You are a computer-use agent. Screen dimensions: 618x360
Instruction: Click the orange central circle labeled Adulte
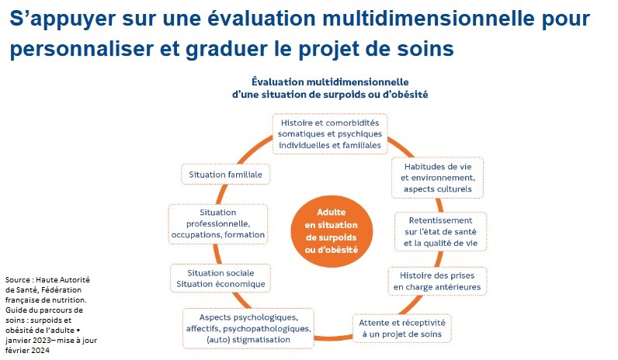pos(332,230)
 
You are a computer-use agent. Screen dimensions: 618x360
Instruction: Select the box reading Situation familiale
pos(225,175)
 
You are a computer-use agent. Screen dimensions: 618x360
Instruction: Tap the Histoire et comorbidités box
pos(330,134)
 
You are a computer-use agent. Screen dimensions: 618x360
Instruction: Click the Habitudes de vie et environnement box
pos(437,178)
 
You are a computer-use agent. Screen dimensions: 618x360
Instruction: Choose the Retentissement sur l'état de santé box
pos(441,232)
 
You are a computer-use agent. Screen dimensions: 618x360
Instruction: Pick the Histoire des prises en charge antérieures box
pos(437,281)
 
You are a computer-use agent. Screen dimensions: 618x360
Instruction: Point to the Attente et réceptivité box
pos(402,328)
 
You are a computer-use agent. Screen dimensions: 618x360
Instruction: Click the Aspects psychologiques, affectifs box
pos(248,328)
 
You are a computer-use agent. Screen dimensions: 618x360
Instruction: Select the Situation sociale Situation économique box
pos(220,279)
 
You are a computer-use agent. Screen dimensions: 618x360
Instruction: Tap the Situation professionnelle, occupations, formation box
pos(218,223)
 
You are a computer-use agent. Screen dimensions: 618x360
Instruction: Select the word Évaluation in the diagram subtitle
pos(278,82)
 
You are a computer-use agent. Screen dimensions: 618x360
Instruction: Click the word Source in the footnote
pos(17,279)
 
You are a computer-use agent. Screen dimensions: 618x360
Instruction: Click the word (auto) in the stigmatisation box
pos(217,340)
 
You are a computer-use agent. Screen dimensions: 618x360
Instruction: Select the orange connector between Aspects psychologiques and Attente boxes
pos(333,338)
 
